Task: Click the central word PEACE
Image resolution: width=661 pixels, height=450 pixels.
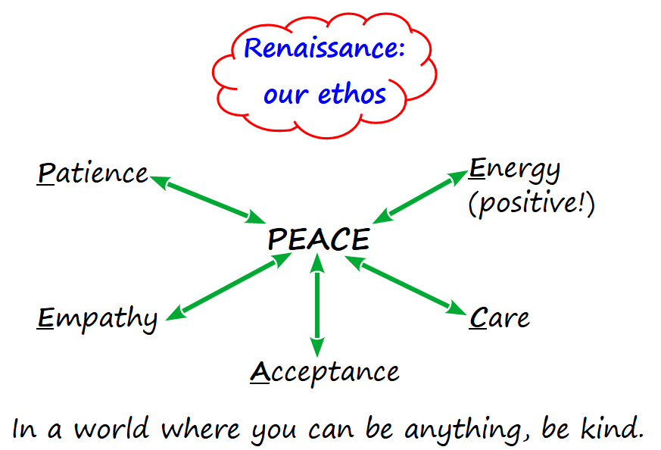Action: (x=319, y=239)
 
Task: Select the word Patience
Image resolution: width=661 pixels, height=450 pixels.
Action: (x=92, y=173)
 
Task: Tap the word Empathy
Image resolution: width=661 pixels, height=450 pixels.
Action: (x=97, y=319)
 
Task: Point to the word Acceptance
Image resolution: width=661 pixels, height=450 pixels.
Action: (x=325, y=373)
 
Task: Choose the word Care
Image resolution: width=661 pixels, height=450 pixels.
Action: (x=500, y=317)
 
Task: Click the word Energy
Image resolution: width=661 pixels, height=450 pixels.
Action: (x=515, y=170)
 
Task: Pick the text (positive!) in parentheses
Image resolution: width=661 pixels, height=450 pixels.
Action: (x=532, y=204)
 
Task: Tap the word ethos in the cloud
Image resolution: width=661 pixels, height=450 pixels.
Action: (x=352, y=93)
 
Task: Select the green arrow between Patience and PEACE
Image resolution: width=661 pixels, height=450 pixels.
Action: (x=207, y=200)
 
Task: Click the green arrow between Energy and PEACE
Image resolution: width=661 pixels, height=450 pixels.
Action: (x=421, y=197)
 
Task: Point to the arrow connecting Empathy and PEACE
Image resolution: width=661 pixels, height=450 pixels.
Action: (x=229, y=287)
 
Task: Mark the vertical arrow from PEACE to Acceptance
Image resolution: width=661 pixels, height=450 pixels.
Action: (x=317, y=305)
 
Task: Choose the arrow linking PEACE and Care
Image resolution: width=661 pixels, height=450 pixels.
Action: (x=406, y=285)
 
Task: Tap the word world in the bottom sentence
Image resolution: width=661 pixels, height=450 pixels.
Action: (x=112, y=429)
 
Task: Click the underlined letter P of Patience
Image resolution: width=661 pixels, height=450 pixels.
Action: (x=46, y=173)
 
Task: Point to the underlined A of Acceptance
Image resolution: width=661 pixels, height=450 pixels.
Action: (x=260, y=373)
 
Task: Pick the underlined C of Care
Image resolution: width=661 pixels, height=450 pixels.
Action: (x=478, y=317)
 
